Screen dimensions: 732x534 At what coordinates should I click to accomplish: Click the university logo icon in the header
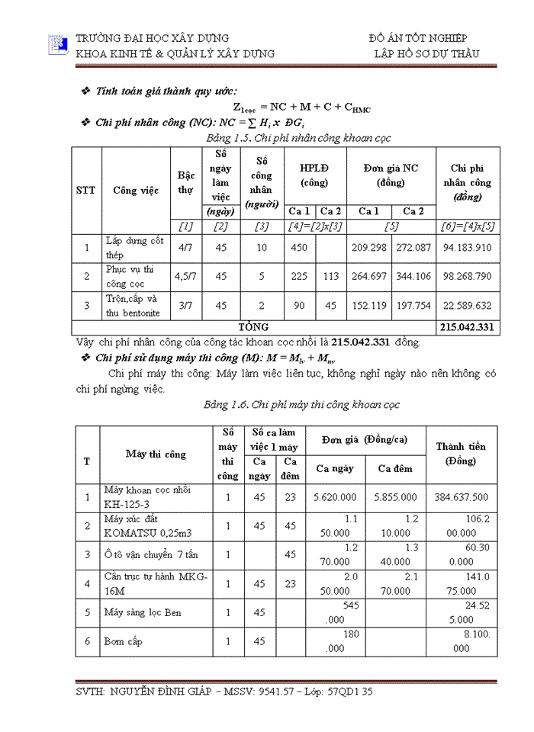(58, 46)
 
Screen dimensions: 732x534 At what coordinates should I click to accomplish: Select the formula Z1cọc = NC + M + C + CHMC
(301, 108)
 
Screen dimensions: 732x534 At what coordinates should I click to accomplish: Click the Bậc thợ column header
(185, 183)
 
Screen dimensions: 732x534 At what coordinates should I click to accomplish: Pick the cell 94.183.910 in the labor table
(467, 247)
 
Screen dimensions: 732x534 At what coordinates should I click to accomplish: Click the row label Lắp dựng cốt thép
(134, 248)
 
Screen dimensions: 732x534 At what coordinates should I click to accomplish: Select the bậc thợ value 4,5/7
(185, 277)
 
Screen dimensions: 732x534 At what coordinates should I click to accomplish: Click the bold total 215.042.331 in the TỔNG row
(467, 327)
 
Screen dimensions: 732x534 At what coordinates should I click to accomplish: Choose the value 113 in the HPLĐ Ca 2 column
(330, 277)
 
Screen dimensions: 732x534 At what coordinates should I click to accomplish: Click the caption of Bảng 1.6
(301, 405)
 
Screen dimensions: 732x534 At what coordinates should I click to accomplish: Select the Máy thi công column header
(156, 454)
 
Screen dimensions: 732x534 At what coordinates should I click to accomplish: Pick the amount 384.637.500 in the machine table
(460, 497)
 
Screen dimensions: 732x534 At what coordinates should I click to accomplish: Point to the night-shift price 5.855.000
(395, 497)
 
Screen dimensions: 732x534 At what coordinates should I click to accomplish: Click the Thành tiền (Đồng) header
(461, 454)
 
